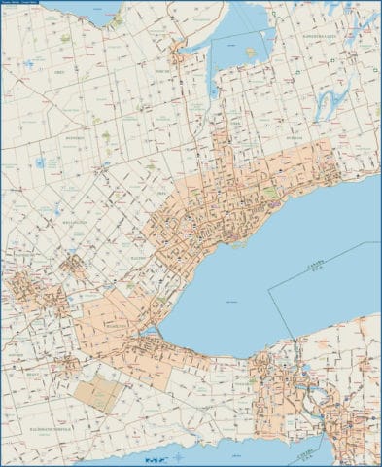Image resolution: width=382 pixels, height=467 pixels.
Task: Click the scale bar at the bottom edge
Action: pyautogui.click(x=153, y=457)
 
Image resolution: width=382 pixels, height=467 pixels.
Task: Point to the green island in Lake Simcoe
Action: pyautogui.click(x=251, y=52)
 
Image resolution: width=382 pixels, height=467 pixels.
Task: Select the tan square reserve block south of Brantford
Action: pyautogui.click(x=100, y=393)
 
